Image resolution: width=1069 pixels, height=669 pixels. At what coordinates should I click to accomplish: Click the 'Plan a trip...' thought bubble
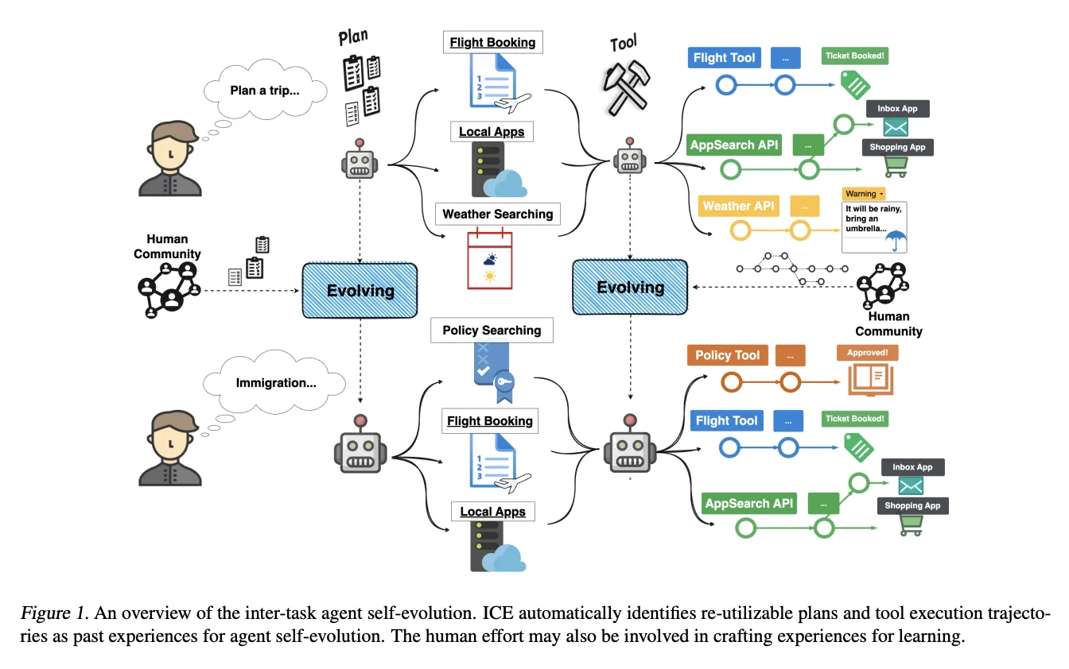click(265, 91)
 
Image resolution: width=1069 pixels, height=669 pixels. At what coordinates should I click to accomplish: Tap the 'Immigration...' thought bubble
click(276, 383)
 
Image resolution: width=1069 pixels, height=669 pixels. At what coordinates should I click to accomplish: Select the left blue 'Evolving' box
click(360, 291)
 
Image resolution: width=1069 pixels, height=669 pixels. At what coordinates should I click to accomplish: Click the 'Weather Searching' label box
click(497, 214)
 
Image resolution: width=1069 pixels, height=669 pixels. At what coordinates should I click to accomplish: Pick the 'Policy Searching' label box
click(492, 331)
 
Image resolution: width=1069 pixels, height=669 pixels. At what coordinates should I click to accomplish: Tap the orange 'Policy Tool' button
click(727, 355)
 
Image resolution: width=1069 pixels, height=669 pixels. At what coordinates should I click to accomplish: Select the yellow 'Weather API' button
click(738, 206)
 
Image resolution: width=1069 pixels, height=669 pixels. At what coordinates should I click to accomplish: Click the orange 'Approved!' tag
click(867, 352)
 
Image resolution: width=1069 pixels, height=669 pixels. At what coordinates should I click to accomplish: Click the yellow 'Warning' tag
click(863, 193)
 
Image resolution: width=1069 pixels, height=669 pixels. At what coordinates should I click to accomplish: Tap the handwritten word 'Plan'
click(353, 37)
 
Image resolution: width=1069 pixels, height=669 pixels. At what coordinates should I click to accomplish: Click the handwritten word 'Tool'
click(623, 43)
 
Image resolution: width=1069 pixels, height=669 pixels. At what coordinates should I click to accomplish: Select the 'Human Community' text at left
click(167, 246)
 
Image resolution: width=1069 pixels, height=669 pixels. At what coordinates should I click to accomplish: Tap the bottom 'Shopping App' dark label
click(912, 505)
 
